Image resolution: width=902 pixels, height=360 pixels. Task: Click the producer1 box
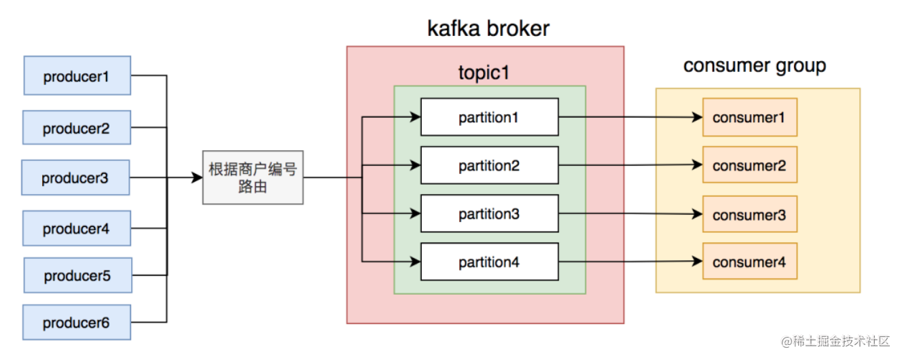pos(77,75)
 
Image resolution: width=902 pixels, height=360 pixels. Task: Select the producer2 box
pos(77,127)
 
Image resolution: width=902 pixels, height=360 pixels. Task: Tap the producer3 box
pos(75,177)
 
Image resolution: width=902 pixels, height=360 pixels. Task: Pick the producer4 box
pos(77,228)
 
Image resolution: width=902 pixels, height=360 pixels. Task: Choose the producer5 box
pos(77,275)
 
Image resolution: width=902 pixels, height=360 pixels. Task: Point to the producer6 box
pos(77,322)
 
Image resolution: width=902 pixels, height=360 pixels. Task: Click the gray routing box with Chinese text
pos(253,177)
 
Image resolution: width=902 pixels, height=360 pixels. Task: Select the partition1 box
pos(490,117)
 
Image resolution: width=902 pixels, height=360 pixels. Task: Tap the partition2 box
pos(490,165)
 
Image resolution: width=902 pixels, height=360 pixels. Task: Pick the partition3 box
pos(490,213)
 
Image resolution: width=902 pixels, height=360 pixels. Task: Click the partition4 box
pos(490,262)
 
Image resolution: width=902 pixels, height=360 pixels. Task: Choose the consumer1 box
pos(750,118)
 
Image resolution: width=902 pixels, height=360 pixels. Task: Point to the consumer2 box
pos(750,164)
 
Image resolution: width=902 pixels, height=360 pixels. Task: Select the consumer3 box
pos(750,214)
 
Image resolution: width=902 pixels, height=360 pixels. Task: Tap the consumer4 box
pos(750,261)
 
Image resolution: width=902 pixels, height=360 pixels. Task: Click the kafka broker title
pos(488,29)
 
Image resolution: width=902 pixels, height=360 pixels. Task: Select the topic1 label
pos(484,73)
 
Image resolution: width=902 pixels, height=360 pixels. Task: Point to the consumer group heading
pos(755,66)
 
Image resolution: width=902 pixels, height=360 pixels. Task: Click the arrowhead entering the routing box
pos(197,177)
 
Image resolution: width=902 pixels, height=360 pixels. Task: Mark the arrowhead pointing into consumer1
pos(697,118)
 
